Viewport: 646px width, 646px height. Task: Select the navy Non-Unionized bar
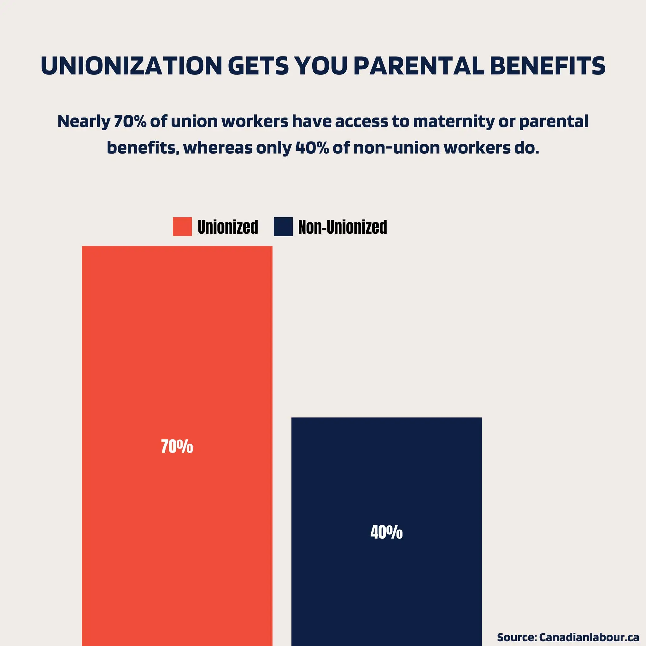click(x=386, y=585)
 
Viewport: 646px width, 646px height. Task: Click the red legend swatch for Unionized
click(x=182, y=227)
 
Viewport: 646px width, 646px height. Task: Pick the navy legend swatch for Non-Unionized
click(x=283, y=227)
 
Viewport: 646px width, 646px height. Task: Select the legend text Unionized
click(x=228, y=227)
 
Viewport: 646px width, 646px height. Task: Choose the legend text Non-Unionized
click(x=342, y=227)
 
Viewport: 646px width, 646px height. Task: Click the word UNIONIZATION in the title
click(x=132, y=66)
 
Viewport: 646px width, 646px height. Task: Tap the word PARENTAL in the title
click(x=418, y=66)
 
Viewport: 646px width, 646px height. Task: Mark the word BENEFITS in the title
click(x=547, y=66)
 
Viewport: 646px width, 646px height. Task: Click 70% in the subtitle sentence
click(x=130, y=121)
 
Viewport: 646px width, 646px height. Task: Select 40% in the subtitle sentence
click(x=312, y=148)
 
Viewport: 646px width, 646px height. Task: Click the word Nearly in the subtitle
click(x=84, y=121)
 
